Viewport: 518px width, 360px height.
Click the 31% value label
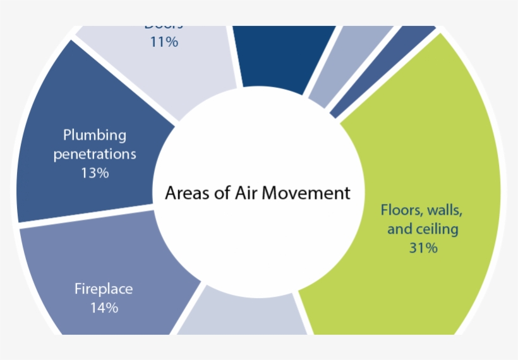point(423,248)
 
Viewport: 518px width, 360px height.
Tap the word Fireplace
point(104,289)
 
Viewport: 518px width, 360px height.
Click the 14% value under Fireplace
point(104,308)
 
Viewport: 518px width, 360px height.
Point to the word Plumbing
point(95,135)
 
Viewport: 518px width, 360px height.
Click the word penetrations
point(95,153)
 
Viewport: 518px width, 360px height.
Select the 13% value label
point(95,172)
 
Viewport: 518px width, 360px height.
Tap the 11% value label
point(164,42)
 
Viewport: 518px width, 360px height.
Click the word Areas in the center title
point(184,193)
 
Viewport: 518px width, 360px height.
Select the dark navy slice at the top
point(284,57)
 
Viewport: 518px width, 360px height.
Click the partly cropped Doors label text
point(164,27)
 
